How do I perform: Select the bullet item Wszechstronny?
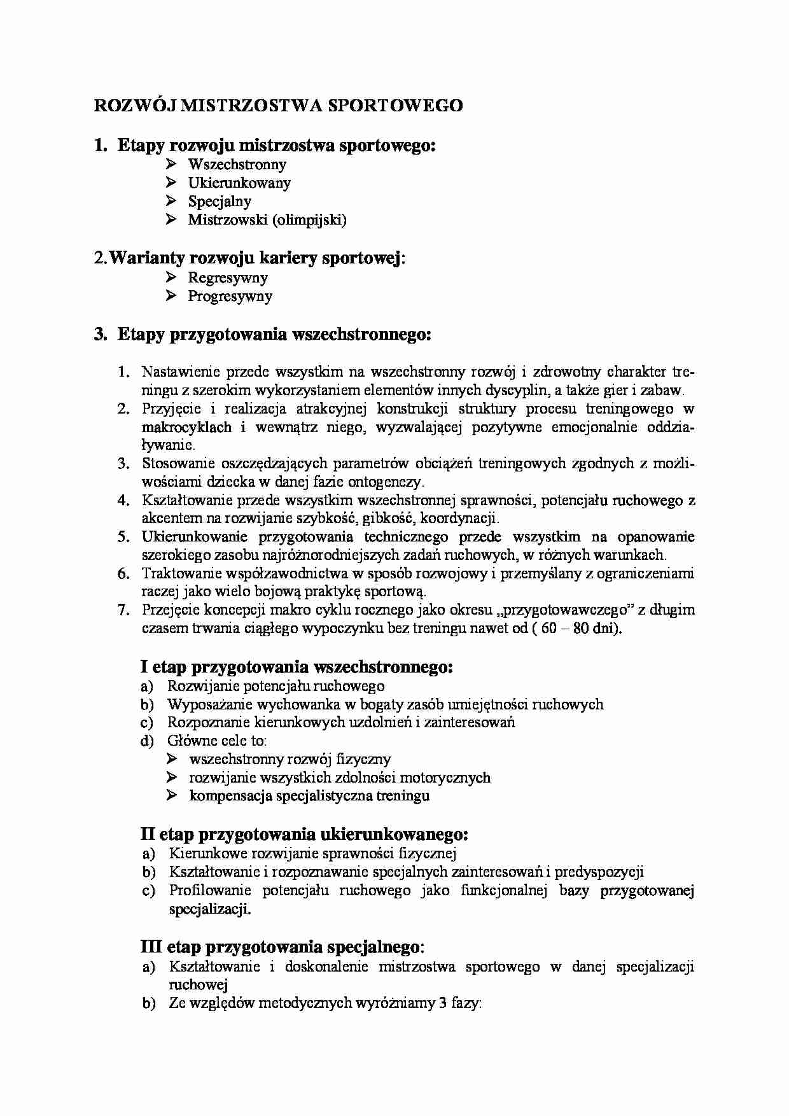tap(237, 165)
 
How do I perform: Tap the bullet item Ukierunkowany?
tap(239, 183)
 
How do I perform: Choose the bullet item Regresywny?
tap(228, 277)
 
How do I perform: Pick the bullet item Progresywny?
tap(230, 296)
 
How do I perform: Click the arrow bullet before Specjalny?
tap(171, 201)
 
